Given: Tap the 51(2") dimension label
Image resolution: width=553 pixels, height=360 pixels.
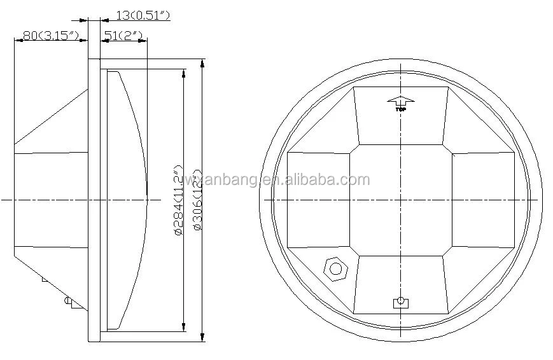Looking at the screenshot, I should point(123,36).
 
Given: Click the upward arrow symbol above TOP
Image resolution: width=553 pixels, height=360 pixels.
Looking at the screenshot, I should point(401,100).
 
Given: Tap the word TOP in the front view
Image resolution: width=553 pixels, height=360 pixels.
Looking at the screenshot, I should point(401,109).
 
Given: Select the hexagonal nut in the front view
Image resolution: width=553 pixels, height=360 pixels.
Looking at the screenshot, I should point(335,268).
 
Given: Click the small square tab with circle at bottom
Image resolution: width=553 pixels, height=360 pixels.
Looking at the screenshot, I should point(400,301).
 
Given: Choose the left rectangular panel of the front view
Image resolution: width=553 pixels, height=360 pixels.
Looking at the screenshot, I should point(318,200).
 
